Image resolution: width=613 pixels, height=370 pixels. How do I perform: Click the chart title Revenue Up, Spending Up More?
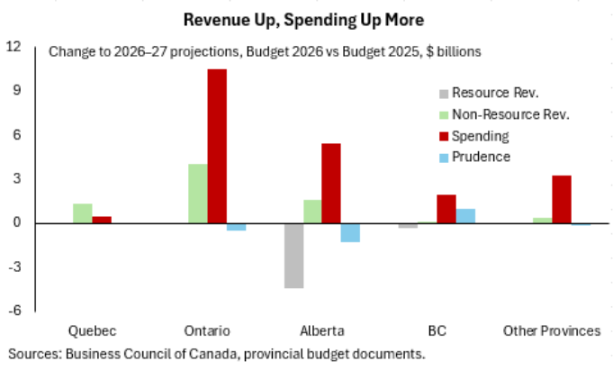pos(306,19)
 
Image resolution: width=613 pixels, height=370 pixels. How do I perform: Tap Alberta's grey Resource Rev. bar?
pos(293,256)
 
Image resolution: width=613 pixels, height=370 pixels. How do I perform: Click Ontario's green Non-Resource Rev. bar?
pos(197,194)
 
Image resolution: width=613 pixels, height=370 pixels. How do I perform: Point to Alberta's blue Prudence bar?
pos(350,232)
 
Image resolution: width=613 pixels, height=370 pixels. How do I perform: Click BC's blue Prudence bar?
pos(465,216)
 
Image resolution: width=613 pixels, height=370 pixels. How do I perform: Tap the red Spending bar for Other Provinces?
pos(562,199)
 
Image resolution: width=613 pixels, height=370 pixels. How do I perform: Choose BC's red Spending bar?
pos(446,209)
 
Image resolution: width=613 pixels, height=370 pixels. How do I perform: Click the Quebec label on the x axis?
pos(92,330)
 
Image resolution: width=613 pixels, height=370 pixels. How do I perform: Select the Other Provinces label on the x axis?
pos(552,330)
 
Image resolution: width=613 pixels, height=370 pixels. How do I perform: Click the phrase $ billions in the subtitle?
pos(452,52)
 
